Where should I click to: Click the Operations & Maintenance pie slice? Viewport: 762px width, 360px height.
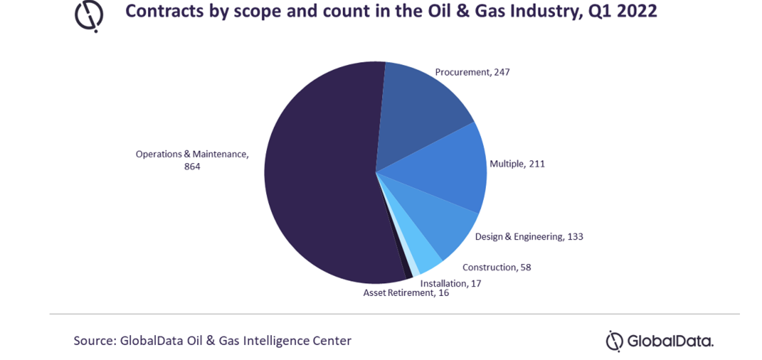click(x=320, y=174)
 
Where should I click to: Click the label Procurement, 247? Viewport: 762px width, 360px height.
click(x=472, y=72)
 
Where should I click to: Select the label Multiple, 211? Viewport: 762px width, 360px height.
click(x=517, y=164)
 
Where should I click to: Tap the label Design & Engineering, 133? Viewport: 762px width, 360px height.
click(x=529, y=237)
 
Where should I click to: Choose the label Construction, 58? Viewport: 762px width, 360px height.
click(x=497, y=267)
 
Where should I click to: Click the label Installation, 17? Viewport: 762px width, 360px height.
click(x=451, y=284)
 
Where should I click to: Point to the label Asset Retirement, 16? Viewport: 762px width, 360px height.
click(x=406, y=293)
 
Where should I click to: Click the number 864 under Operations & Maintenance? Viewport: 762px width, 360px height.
click(x=192, y=167)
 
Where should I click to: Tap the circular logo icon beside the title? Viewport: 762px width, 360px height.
click(x=89, y=16)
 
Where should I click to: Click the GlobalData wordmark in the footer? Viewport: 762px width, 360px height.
click(x=670, y=341)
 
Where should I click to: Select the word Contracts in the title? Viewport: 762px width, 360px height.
click(x=164, y=11)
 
